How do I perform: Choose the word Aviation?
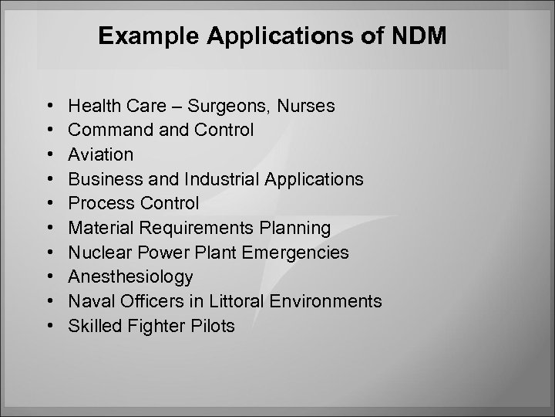[100, 154]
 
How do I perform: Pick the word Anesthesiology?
[130, 277]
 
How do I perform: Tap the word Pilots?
[214, 327]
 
